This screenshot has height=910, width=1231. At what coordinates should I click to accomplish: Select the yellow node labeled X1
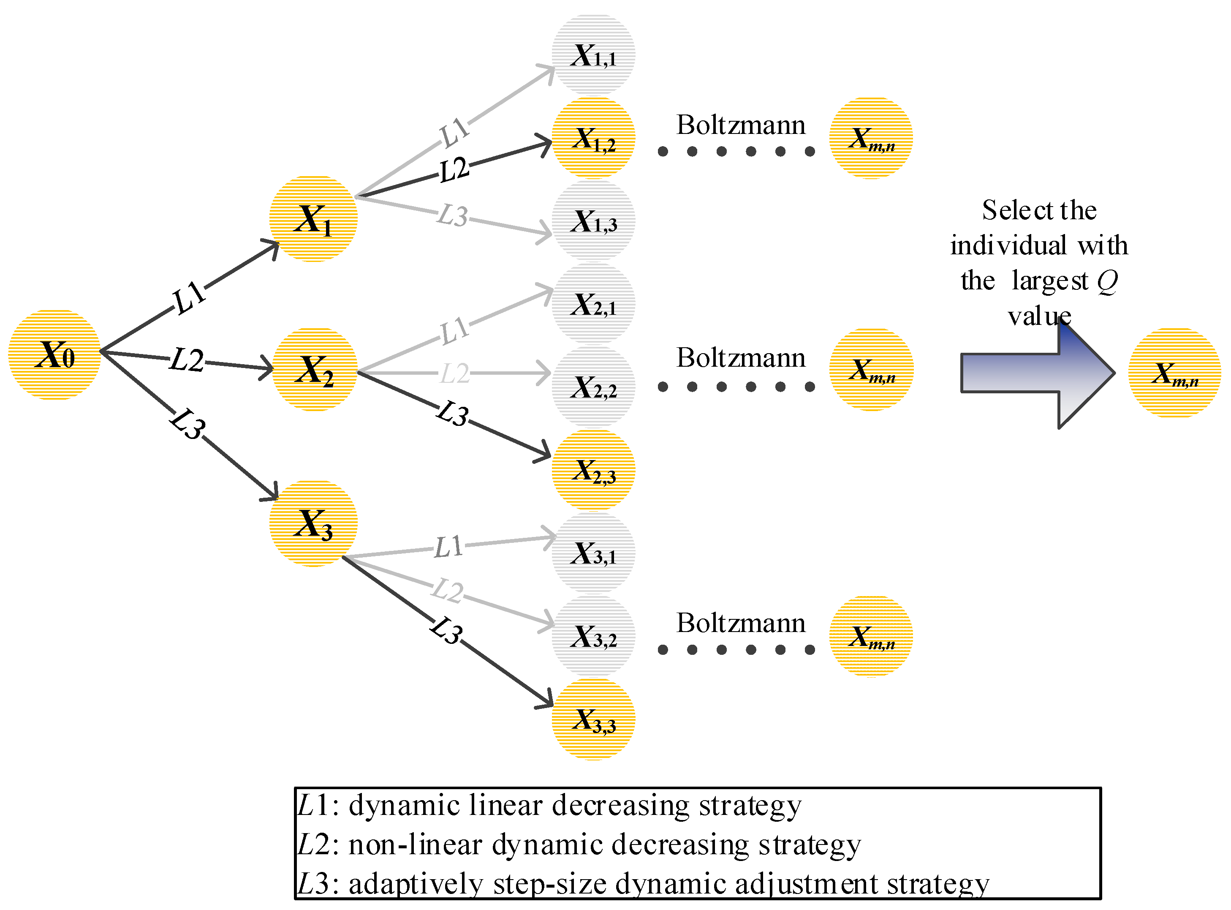[x=313, y=219]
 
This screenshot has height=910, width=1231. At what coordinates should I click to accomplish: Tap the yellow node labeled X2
[x=315, y=369]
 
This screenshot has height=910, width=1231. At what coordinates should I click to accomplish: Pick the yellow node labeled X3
[x=313, y=523]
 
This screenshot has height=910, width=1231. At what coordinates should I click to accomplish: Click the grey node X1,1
[x=593, y=55]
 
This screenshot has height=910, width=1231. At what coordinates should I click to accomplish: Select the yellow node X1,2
[x=593, y=138]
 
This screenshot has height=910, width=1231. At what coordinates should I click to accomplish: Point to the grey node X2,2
[x=593, y=387]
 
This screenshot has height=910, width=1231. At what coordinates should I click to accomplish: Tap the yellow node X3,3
[x=593, y=719]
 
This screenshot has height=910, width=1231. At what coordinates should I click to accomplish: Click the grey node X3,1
[x=593, y=553]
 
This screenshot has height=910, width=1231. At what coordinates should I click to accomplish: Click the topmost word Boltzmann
[x=740, y=125]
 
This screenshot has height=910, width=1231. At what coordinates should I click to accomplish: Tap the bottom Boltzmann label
[x=740, y=623]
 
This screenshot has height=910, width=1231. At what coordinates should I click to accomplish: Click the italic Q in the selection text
[x=1106, y=281]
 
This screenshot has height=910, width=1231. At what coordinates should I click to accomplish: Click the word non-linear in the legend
[x=415, y=845]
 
